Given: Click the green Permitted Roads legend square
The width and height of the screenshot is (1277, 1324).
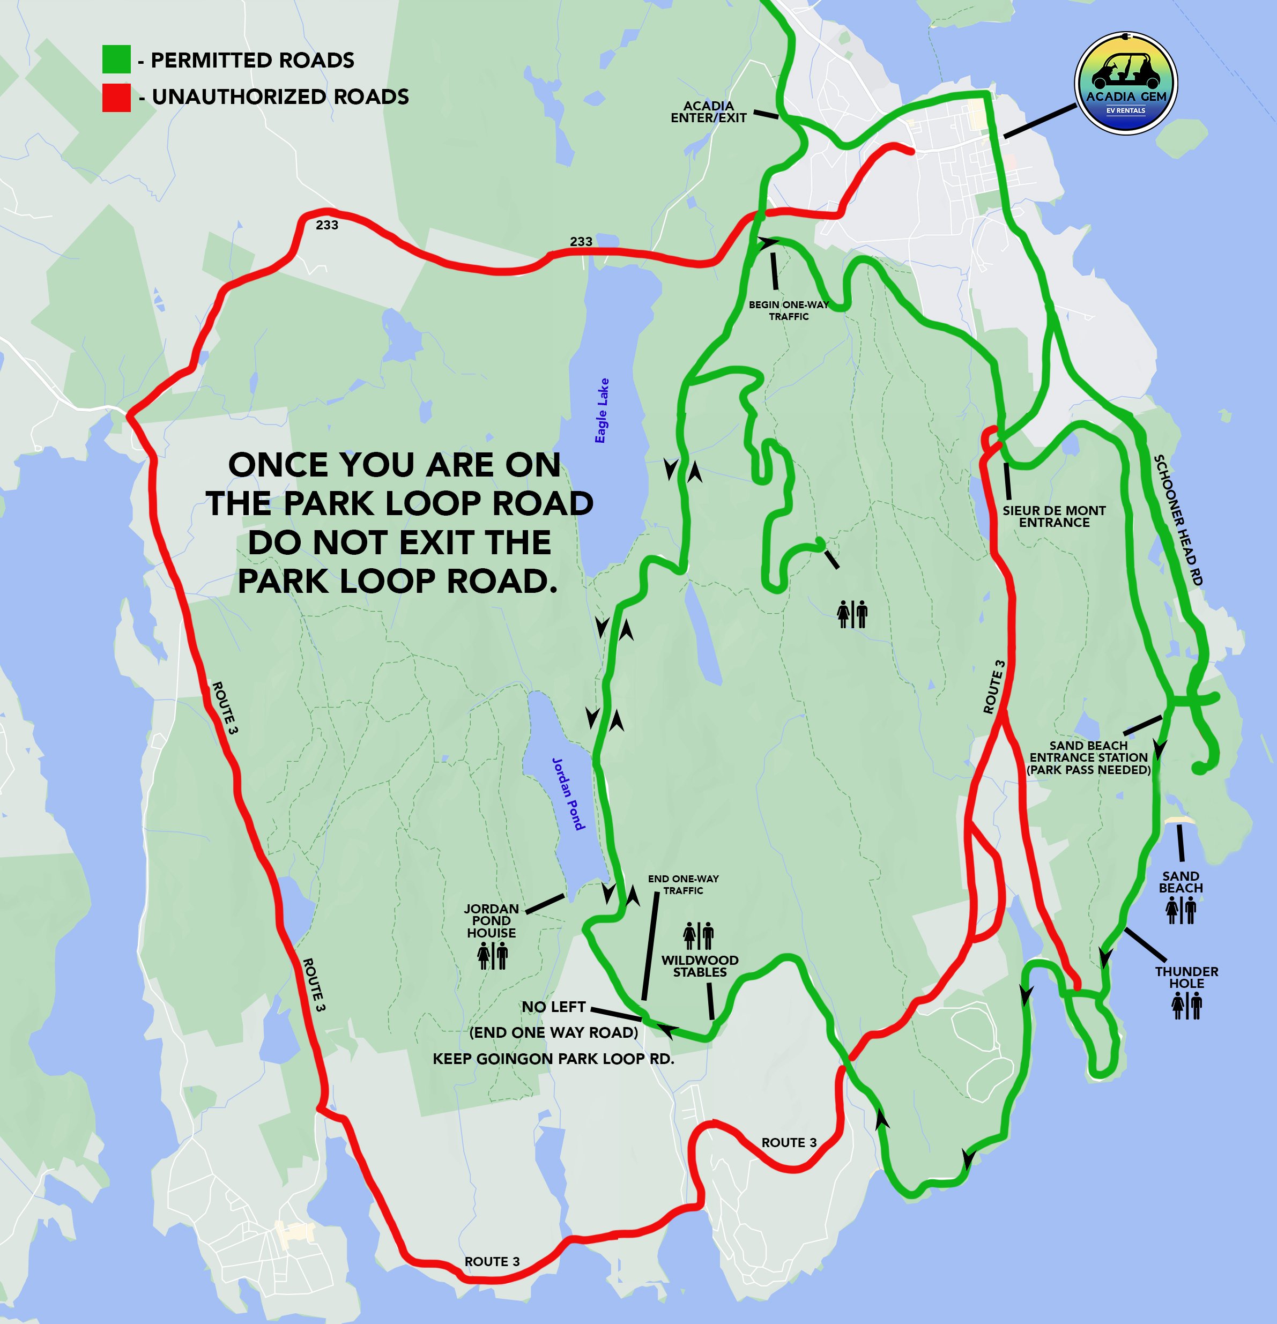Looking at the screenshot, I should pos(116,59).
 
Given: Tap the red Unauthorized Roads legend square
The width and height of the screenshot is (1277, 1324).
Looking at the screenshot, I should pos(116,97).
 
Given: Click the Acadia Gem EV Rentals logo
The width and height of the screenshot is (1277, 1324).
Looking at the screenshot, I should pos(1126,83).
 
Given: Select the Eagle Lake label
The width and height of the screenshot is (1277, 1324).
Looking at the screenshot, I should pos(602,411).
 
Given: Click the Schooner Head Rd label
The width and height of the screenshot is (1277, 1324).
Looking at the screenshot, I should pos(1178,519).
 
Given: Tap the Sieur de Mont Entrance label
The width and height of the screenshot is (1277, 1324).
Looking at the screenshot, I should pos(1054,516).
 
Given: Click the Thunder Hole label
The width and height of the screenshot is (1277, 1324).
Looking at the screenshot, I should pos(1186,977).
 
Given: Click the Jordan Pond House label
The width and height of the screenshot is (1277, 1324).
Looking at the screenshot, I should pos(491,921).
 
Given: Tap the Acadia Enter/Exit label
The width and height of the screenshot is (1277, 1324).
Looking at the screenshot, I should pos(708,111).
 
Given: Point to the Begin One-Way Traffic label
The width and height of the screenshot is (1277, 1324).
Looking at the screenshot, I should pos(789,310).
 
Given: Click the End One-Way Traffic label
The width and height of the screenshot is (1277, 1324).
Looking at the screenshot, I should pos(683,884).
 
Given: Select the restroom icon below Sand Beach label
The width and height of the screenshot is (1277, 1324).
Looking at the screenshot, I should pos(1181,911).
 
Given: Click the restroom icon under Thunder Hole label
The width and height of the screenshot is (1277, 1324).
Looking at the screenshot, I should pos(1186,1005).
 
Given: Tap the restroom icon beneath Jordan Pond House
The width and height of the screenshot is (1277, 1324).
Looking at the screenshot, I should pos(492,955).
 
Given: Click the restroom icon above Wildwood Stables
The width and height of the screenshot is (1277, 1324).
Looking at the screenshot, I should pos(698,935).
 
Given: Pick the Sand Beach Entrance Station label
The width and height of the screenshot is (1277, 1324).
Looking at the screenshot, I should pos(1088,757).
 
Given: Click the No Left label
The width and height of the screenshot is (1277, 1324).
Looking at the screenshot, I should pos(553,1007).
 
